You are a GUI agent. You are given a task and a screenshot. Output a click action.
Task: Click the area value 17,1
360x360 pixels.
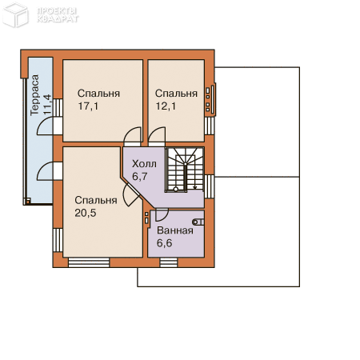point(88,106)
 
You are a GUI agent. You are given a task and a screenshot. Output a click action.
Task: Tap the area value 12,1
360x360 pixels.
point(166,106)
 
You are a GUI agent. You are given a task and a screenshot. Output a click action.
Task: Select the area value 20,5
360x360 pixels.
point(86,213)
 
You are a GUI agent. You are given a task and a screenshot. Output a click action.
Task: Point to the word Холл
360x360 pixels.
point(144,164)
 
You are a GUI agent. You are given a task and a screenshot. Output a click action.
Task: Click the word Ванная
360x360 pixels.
point(175,230)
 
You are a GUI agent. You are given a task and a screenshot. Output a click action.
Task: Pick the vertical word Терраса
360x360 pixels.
point(34,95)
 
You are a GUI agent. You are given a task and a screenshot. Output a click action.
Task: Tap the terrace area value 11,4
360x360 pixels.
point(47,104)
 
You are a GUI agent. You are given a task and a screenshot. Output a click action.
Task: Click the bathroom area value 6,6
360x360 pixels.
point(164,243)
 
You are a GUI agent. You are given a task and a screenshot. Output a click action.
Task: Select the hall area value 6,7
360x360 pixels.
point(140,177)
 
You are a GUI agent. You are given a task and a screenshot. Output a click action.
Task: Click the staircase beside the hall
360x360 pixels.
point(185,170)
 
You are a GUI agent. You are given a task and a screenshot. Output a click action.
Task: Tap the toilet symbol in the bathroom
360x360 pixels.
point(198,222)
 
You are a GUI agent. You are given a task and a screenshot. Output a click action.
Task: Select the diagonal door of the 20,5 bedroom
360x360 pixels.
point(131,194)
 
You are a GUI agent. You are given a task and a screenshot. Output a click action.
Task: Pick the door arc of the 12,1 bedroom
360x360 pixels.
point(157,136)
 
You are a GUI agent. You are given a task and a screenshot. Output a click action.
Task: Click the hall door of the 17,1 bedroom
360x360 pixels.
point(132,136)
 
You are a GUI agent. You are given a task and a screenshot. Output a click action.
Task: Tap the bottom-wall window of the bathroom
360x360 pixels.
point(169,262)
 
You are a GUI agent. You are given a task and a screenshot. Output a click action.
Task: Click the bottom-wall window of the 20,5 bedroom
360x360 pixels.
point(89,262)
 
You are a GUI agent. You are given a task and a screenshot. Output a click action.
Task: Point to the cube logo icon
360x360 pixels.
point(15,14)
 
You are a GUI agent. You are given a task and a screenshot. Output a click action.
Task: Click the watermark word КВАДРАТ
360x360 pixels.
point(58,19)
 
